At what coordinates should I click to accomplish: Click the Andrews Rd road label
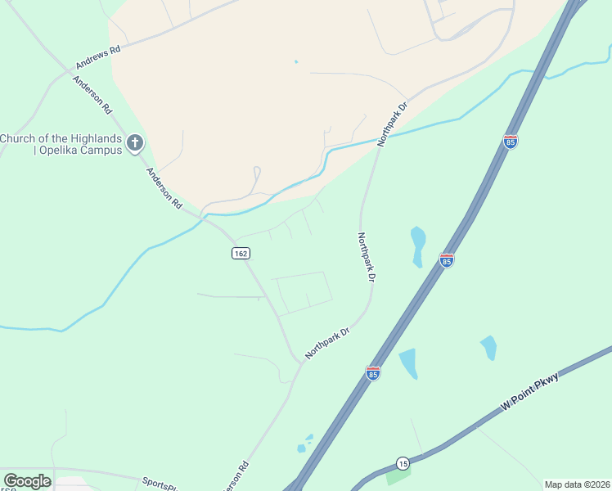(x=98, y=56)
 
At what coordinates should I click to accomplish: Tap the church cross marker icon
(x=135, y=144)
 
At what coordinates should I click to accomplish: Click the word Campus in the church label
(x=100, y=151)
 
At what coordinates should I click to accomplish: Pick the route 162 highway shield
(x=240, y=254)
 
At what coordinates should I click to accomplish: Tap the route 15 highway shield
(x=403, y=463)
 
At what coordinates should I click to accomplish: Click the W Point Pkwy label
(x=530, y=390)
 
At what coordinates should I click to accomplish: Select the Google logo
(x=27, y=481)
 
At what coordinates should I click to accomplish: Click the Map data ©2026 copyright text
(x=577, y=484)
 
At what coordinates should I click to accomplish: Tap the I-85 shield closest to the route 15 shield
(x=373, y=373)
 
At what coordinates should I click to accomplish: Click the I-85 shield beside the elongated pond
(x=446, y=260)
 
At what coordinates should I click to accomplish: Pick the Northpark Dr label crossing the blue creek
(x=392, y=125)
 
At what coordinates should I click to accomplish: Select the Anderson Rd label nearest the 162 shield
(x=164, y=188)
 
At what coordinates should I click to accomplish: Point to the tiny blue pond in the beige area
(x=295, y=61)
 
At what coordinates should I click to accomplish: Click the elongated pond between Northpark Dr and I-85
(x=418, y=245)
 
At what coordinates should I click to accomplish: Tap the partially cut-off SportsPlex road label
(x=160, y=484)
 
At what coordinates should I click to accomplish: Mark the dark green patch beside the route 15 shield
(x=398, y=475)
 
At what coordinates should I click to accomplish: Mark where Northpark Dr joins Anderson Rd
(x=300, y=362)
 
